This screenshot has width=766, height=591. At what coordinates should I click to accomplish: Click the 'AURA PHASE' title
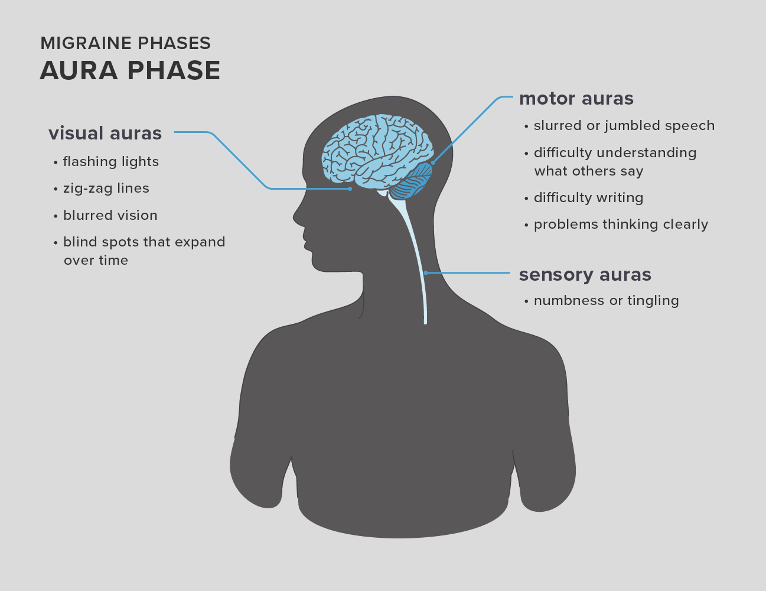(x=130, y=70)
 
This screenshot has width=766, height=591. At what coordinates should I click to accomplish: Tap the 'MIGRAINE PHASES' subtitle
(x=125, y=43)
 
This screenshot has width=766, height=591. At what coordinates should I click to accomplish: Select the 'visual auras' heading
(x=105, y=134)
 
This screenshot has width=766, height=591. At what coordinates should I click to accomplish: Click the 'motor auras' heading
(x=576, y=98)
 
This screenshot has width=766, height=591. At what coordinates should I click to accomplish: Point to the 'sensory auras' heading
(x=585, y=275)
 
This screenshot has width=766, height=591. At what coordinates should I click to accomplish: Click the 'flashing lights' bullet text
(x=111, y=162)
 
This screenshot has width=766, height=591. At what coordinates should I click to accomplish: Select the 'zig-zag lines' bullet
(x=106, y=189)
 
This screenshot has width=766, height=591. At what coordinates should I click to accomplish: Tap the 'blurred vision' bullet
(x=110, y=215)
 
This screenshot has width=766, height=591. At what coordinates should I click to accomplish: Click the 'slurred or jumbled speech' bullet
(x=624, y=126)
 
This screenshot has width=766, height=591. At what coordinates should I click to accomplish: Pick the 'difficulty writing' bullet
(x=589, y=198)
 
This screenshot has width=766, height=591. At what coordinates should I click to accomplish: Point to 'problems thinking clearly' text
(x=621, y=225)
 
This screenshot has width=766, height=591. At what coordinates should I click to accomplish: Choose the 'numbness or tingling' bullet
(x=607, y=301)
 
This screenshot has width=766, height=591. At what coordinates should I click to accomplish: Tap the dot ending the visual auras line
(x=350, y=189)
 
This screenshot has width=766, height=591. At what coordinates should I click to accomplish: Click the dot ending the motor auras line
(x=433, y=163)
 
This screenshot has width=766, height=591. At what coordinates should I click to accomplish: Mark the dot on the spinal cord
(x=426, y=272)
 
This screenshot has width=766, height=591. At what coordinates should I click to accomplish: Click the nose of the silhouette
(x=295, y=217)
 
